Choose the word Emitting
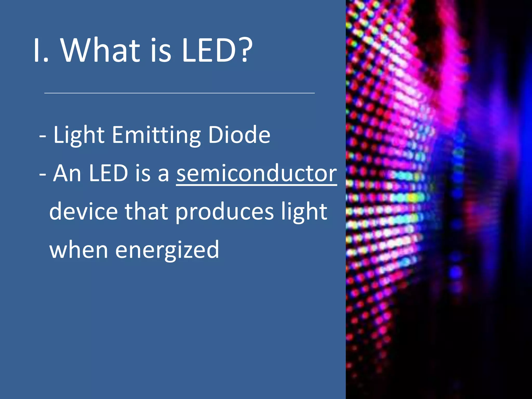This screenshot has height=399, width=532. (x=156, y=135)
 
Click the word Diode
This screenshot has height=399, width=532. (x=239, y=135)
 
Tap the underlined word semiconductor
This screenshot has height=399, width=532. (x=256, y=173)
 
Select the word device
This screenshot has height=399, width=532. (x=83, y=211)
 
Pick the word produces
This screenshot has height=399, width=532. (x=224, y=211)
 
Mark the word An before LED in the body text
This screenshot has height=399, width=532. (x=67, y=173)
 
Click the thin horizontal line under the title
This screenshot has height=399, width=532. (x=179, y=93)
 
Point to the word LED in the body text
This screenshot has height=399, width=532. (x=108, y=173)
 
